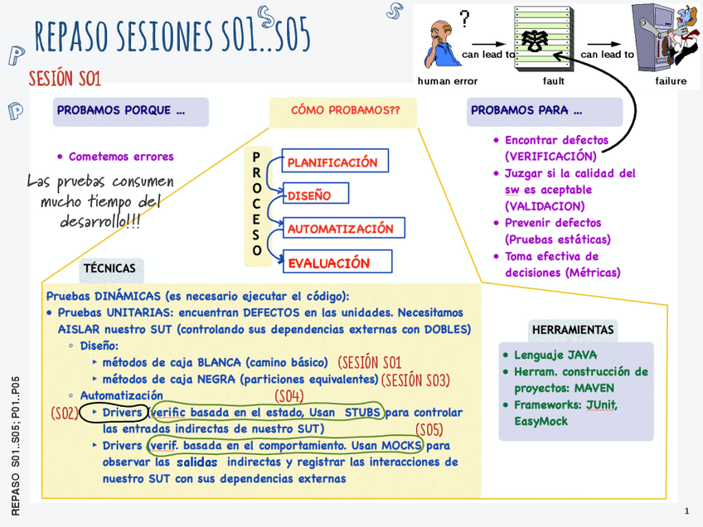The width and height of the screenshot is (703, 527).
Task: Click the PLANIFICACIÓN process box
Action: pos(335,162)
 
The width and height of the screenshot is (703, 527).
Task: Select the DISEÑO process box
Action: pos(315,196)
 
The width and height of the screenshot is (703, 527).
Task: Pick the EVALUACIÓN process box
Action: pos(337,263)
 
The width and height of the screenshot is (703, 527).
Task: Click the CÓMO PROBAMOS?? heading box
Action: pos(342,111)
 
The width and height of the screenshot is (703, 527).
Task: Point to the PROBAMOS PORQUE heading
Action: pos(121,111)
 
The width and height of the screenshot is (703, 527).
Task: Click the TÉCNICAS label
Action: pos(109,268)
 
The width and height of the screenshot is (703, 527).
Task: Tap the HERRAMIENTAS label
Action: pos(574,330)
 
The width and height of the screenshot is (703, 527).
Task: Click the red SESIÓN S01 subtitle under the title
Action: pos(65,79)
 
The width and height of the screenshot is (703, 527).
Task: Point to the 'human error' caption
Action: pos(448,81)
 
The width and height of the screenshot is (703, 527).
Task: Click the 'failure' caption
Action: pos(671,81)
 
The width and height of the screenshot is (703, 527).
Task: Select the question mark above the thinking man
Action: pos(464,17)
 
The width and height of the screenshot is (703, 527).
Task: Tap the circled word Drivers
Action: pos(121,413)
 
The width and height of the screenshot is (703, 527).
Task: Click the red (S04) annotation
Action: pos(289,395)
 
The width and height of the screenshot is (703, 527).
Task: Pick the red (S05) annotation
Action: pos(429,429)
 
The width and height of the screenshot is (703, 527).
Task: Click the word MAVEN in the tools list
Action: pos(599,388)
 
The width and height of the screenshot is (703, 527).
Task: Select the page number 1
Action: pos(687,511)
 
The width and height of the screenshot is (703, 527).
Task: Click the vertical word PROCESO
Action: pos(257,204)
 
